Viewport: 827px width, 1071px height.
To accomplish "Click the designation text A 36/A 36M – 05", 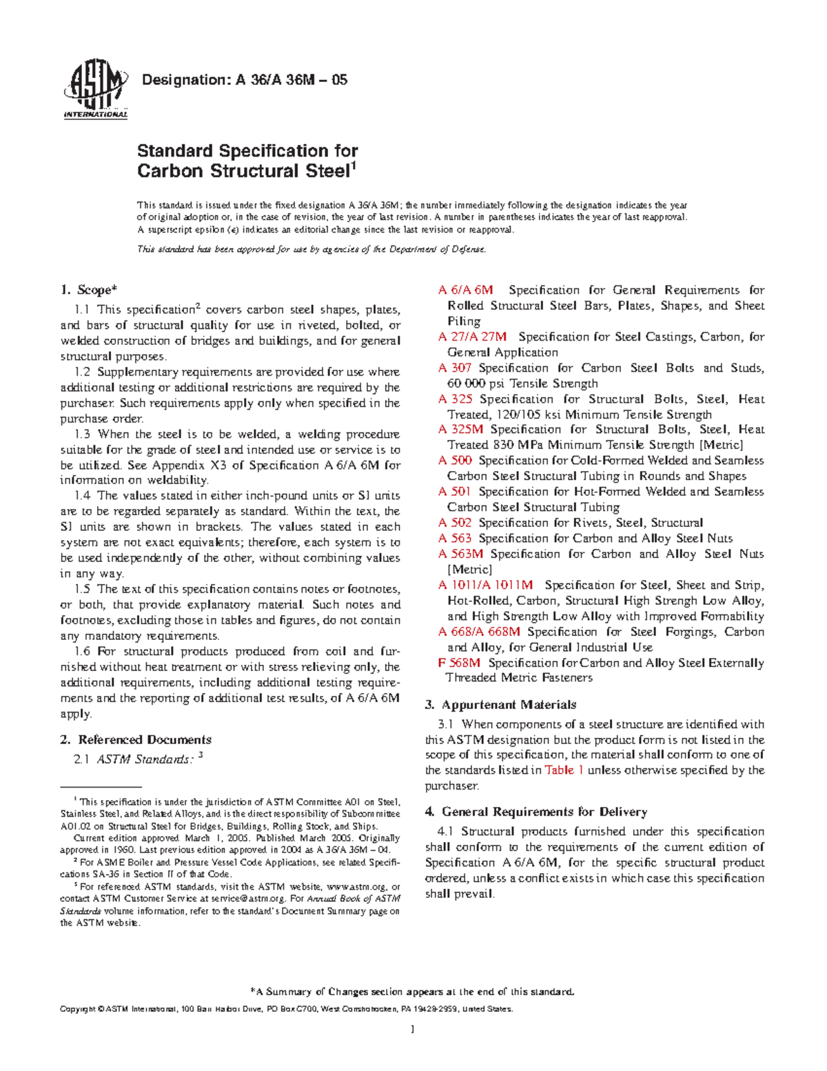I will pos(244,80).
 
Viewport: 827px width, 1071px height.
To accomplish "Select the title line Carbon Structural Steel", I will pos(245,171).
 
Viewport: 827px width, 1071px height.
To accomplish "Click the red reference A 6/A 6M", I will pos(465,290).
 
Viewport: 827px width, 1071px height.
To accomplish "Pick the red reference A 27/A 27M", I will pos(472,337).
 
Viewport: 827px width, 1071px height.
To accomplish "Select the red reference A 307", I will pos(454,368).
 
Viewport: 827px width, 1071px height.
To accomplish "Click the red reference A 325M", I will pos(460,430).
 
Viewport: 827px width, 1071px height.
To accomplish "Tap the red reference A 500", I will pos(455,461).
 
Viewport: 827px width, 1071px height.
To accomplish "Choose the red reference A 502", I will pos(455,523).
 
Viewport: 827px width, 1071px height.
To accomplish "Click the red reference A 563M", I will pos(460,554).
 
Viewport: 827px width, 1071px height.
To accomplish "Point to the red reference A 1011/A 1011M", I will pos(485,585).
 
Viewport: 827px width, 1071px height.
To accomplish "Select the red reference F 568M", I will pos(459,663).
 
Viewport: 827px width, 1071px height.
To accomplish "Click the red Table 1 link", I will pos(564,770).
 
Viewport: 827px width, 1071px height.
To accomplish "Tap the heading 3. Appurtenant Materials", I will pos(501,705).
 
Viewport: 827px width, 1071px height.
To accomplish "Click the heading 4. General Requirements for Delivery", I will pos(536,812).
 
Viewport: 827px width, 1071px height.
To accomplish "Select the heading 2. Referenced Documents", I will pos(136,740).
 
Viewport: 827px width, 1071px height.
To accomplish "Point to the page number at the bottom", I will pos(412,1030).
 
